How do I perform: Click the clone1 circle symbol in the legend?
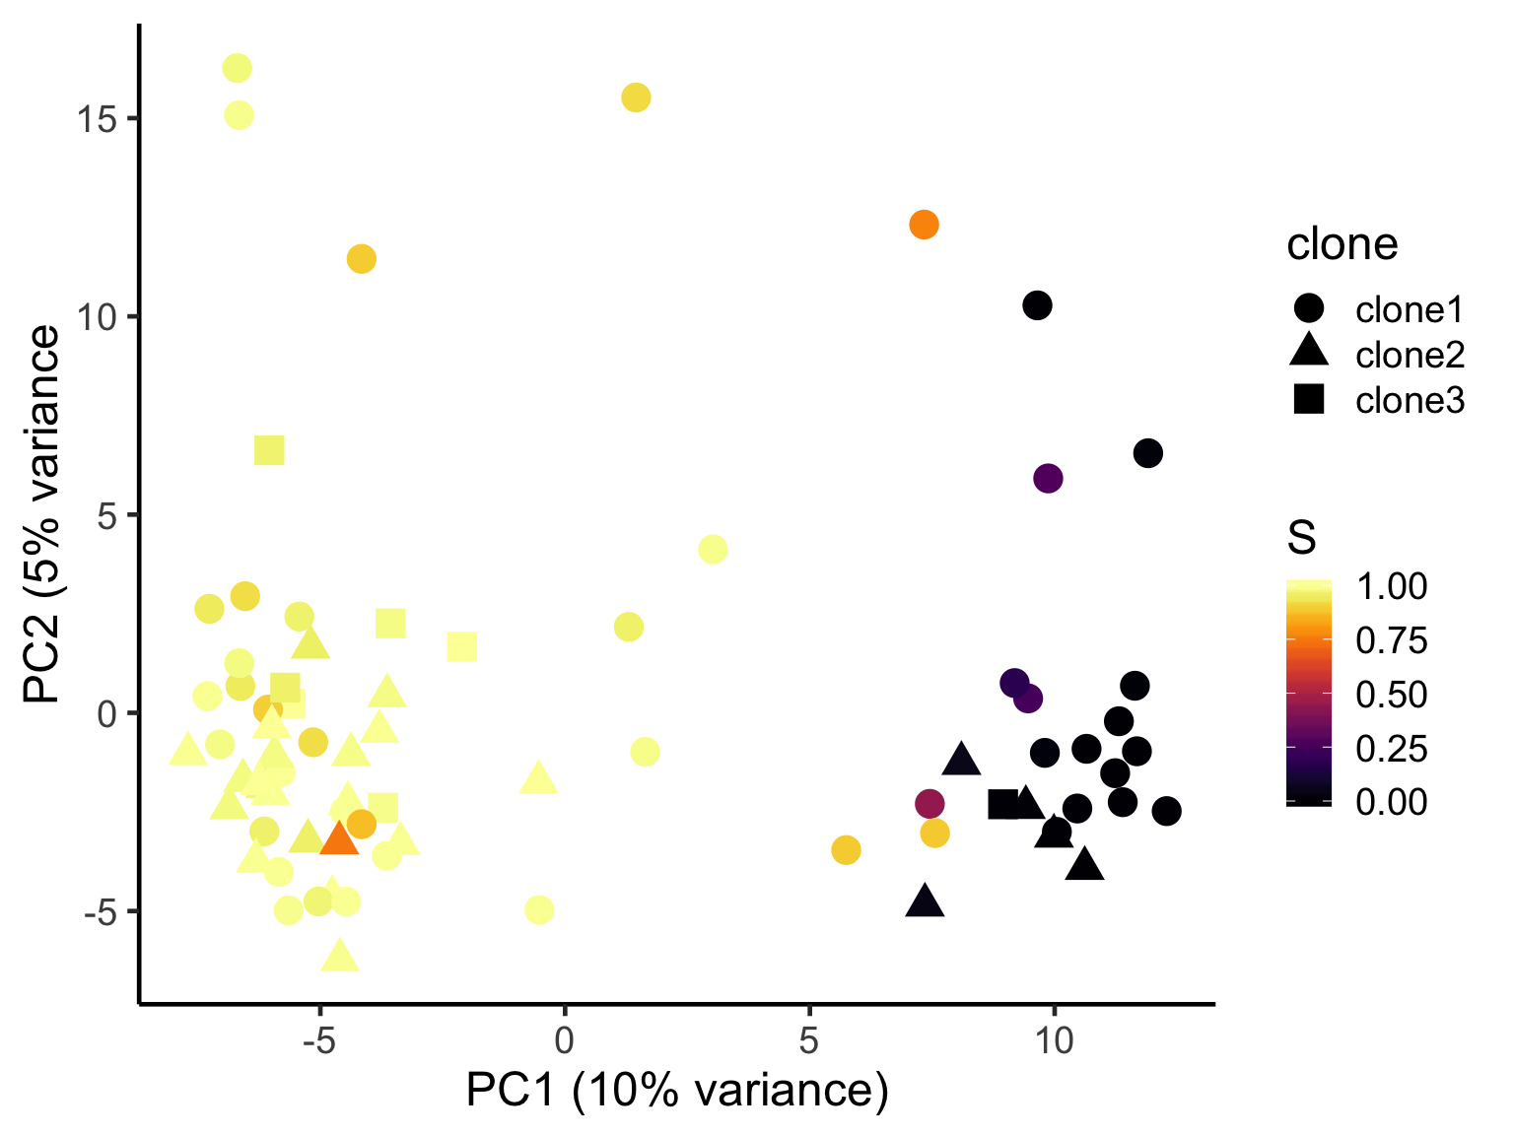pos(1309,308)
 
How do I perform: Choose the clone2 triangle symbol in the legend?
pos(1309,352)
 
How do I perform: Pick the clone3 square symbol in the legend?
pos(1309,399)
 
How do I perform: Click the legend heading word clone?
pos(1342,244)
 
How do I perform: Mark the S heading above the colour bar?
pos(1301,538)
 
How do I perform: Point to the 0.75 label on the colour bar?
pos(1391,641)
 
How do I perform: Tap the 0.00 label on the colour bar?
pos(1391,802)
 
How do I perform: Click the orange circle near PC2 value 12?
pos(924,225)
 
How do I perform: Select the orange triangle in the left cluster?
pos(339,839)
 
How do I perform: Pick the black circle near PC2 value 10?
pos(1037,305)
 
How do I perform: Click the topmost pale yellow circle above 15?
pos(238,68)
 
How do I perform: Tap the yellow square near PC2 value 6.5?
pos(269,450)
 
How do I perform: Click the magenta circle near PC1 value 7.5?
pos(929,804)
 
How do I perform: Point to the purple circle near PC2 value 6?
pos(1048,478)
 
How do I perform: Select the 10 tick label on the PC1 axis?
pos(1054,1039)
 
